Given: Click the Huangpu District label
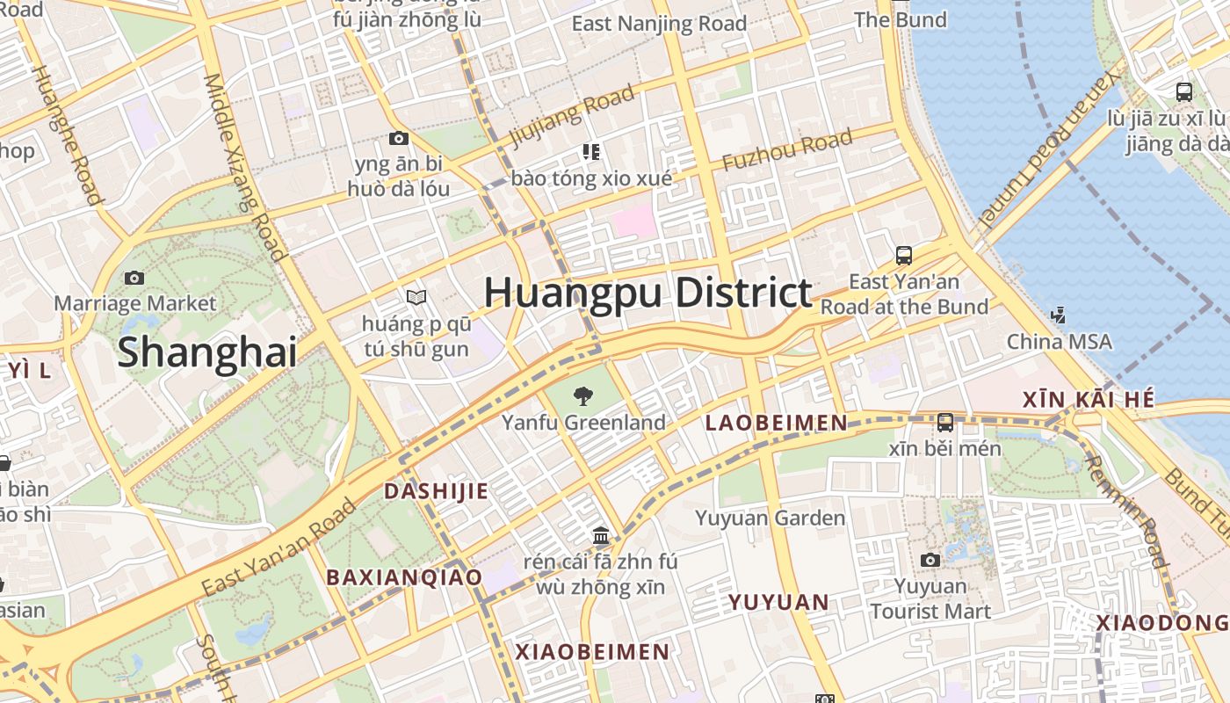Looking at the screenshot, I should pyautogui.click(x=648, y=293).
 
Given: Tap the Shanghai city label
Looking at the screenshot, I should pyautogui.click(x=206, y=351).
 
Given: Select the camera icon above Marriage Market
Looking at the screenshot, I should pyautogui.click(x=134, y=278).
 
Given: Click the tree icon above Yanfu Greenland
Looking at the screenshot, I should pyautogui.click(x=582, y=396).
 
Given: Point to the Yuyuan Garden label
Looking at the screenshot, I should pyautogui.click(x=770, y=518).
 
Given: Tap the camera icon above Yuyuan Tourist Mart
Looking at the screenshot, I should pyautogui.click(x=930, y=560).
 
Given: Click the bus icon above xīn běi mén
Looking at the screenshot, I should pyautogui.click(x=945, y=423).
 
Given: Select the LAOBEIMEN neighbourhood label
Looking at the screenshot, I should pyautogui.click(x=777, y=424).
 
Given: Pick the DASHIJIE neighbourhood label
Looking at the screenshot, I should pyautogui.click(x=436, y=491).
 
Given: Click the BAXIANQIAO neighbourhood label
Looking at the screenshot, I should pyautogui.click(x=404, y=577).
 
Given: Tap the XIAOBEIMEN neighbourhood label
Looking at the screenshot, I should pyautogui.click(x=592, y=652).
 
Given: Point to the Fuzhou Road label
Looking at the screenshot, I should pyautogui.click(x=787, y=150).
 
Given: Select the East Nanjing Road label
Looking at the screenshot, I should pyautogui.click(x=659, y=24).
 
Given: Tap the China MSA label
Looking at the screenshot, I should pyautogui.click(x=1059, y=341).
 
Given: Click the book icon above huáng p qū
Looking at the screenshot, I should pyautogui.click(x=416, y=298).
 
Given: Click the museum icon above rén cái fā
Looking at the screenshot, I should pyautogui.click(x=601, y=534).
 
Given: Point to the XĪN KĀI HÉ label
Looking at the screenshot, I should pyautogui.click(x=1088, y=400).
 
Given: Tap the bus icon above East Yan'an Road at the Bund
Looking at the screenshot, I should pyautogui.click(x=904, y=256).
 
